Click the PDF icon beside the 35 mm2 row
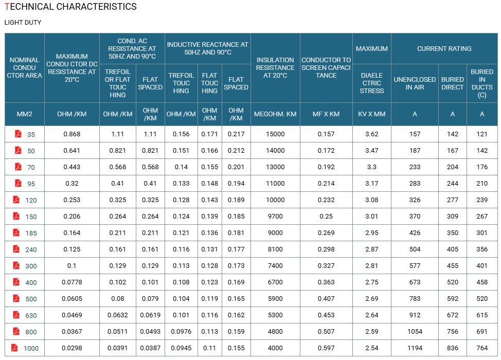click(x=18, y=134)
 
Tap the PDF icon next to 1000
click(x=14, y=348)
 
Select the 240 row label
click(x=31, y=249)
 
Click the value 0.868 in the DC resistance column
click(x=72, y=134)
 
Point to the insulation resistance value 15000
click(x=275, y=134)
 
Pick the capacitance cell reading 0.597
click(x=326, y=348)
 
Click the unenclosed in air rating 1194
click(x=415, y=348)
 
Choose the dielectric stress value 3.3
click(x=371, y=167)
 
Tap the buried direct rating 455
click(x=453, y=266)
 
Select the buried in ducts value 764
click(x=482, y=348)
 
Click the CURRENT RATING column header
click(x=444, y=48)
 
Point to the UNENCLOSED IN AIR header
click(x=415, y=83)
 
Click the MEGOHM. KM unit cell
click(x=275, y=114)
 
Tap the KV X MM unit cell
click(x=371, y=114)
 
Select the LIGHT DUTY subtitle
click(x=23, y=22)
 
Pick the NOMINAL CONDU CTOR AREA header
click(x=25, y=68)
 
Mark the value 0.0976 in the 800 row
click(x=181, y=332)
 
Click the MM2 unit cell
click(x=25, y=114)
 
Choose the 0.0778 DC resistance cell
click(x=72, y=282)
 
